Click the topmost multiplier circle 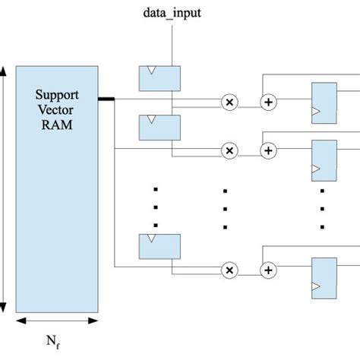pos(229,101)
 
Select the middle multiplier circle pos(229,151)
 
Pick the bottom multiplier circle pos(229,270)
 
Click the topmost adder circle pos(267,101)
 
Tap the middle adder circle pos(267,151)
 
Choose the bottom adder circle pos(267,270)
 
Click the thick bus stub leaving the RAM pos(106,98)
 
